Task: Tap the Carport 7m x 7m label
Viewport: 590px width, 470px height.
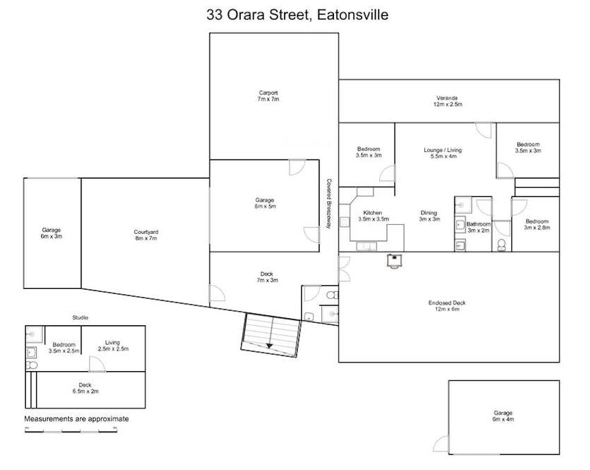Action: pyautogui.click(x=268, y=96)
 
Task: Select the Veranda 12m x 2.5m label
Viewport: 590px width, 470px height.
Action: pyautogui.click(x=449, y=100)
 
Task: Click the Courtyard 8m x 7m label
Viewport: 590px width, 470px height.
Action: pyautogui.click(x=146, y=235)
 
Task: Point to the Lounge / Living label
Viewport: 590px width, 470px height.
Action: pyautogui.click(x=442, y=154)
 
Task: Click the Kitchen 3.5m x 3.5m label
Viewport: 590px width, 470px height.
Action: pyautogui.click(x=372, y=215)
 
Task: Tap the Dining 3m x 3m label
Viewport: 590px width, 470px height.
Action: pyautogui.click(x=429, y=216)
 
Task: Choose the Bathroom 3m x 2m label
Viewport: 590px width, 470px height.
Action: pyautogui.click(x=479, y=227)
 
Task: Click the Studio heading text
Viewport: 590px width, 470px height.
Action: pyautogui.click(x=81, y=318)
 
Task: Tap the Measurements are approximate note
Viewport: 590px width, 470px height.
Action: pyautogui.click(x=77, y=419)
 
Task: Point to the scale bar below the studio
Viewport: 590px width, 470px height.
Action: pyautogui.click(x=70, y=430)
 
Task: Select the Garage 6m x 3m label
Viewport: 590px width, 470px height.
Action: pyautogui.click(x=51, y=233)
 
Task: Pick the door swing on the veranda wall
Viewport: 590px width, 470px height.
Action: pyautogui.click(x=484, y=130)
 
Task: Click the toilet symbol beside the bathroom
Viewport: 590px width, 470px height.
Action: pyautogui.click(x=502, y=244)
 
